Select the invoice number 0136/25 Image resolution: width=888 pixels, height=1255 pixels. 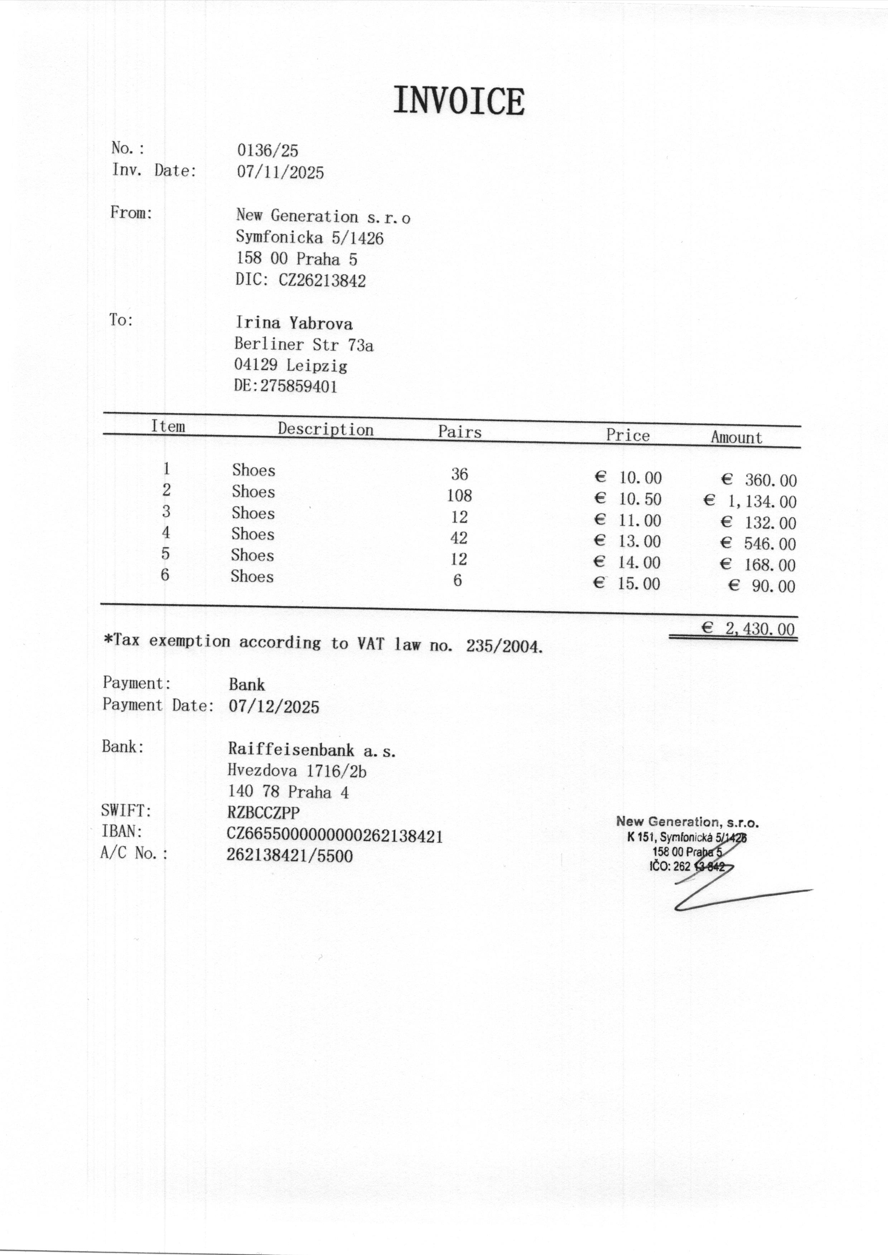(267, 150)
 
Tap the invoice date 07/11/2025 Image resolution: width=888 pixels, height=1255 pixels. (280, 172)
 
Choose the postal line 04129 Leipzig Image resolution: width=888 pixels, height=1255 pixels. (290, 365)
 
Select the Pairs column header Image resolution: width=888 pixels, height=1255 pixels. (459, 432)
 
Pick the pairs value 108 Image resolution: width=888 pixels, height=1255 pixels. (459, 495)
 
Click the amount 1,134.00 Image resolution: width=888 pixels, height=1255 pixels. (761, 501)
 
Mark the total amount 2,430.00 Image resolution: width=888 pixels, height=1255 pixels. (759, 629)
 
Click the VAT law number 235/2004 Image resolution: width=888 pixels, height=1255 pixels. (504, 647)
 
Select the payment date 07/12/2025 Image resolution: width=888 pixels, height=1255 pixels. (274, 707)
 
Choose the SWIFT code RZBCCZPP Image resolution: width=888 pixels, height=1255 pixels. (264, 813)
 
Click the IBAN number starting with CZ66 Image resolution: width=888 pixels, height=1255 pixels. (335, 835)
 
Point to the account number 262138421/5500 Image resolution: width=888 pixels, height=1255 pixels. (290, 855)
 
